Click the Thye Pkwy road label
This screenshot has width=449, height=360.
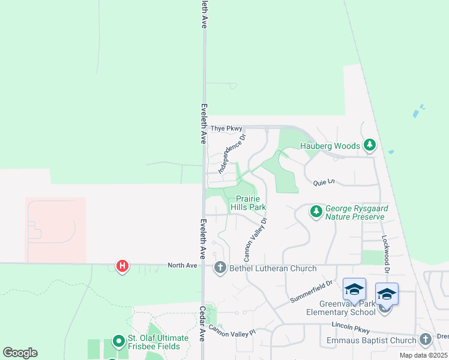[x=227, y=128]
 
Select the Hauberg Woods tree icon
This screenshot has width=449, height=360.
[x=370, y=145]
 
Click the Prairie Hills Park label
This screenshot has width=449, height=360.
[x=250, y=203]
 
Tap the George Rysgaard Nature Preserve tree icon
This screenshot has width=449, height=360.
[x=316, y=211]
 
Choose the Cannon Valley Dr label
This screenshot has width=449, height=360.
[x=255, y=238]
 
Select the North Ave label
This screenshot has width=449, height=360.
[x=182, y=265]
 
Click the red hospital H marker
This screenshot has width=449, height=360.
[x=122, y=265]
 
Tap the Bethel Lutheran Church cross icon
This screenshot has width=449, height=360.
[x=220, y=268]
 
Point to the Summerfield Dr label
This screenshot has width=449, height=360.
[x=310, y=291]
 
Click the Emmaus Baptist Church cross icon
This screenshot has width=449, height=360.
[x=426, y=340]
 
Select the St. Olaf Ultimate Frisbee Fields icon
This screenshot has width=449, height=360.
[x=118, y=343]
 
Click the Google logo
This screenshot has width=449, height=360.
[x=20, y=353]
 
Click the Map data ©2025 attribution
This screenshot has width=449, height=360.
[x=423, y=355]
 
